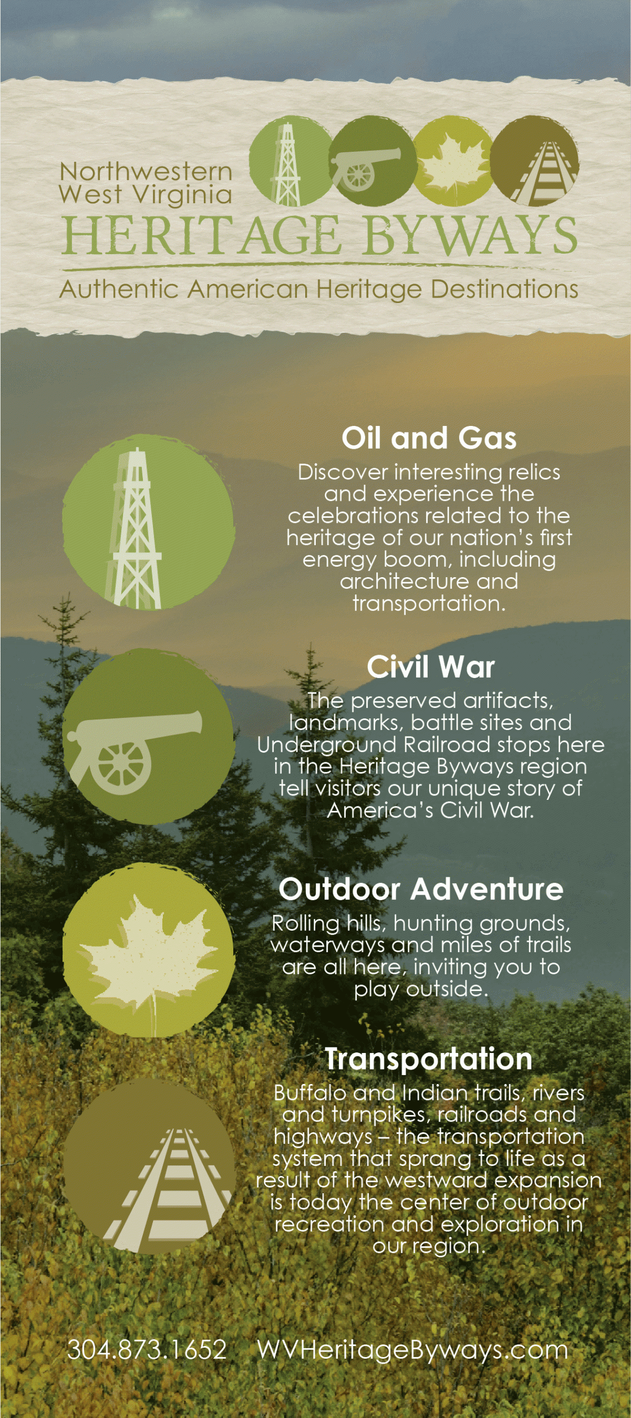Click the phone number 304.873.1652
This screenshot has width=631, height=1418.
[147, 1349]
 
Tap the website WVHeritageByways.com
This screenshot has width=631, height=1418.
[413, 1350]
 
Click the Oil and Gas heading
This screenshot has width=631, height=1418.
[429, 438]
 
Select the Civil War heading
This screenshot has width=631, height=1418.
[430, 666]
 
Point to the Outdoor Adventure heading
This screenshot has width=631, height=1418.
[421, 889]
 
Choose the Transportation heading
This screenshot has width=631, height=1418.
[428, 1059]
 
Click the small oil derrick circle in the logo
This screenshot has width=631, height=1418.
[291, 161]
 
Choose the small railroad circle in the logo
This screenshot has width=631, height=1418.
[535, 161]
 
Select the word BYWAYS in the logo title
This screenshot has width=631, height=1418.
[471, 235]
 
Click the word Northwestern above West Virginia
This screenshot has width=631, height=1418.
[146, 171]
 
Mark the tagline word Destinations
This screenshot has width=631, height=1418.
[505, 289]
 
